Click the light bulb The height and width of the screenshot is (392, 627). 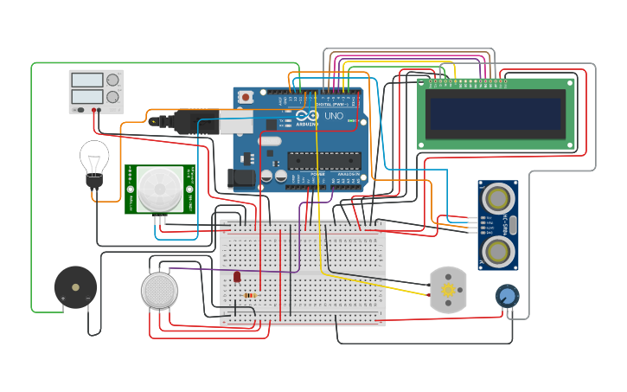click(93, 158)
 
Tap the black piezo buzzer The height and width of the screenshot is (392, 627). click(75, 287)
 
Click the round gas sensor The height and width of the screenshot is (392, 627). click(160, 290)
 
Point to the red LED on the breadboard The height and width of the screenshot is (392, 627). click(237, 277)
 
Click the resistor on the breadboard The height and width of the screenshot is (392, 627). click(251, 296)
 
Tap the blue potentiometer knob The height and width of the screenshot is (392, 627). click(508, 297)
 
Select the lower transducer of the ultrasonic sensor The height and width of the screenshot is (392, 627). click(497, 252)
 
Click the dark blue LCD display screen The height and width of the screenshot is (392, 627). click(495, 113)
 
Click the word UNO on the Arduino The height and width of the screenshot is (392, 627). click(334, 116)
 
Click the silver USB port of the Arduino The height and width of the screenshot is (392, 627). click(235, 121)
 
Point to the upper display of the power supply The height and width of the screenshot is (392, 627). click(87, 80)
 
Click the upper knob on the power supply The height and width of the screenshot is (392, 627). click(112, 80)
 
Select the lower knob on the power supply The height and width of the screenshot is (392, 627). click(112, 96)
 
